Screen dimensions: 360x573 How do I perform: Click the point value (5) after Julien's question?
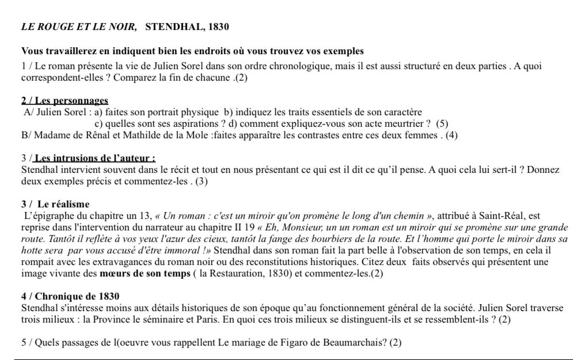[x=442, y=123]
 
